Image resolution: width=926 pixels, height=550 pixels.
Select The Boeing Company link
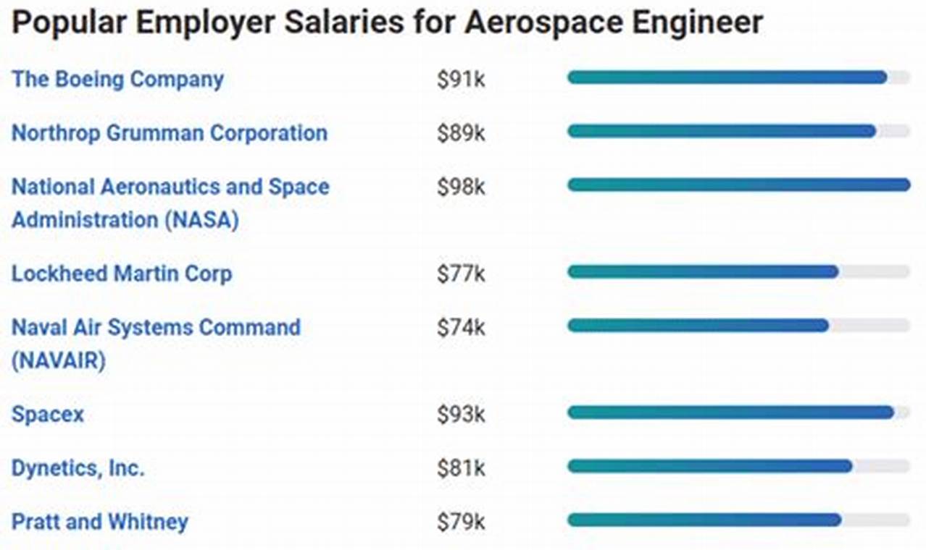coord(117,79)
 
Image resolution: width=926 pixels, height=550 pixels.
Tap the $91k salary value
coord(461,80)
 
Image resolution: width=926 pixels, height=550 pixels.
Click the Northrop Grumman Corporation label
coord(170,133)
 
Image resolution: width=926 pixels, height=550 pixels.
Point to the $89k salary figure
coord(461,133)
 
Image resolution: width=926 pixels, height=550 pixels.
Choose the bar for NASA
coord(738,185)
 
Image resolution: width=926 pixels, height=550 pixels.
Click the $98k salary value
coord(461,187)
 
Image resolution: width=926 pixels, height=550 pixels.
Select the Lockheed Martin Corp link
coord(122,274)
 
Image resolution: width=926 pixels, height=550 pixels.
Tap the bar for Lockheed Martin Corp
coord(703,272)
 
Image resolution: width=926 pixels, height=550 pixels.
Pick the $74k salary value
coord(461,328)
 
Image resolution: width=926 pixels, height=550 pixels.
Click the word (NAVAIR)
coord(59,360)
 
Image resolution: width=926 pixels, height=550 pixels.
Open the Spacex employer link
coord(48,415)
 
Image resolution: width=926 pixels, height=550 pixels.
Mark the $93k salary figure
coord(461,415)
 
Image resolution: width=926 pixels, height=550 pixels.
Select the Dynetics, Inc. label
coord(78,468)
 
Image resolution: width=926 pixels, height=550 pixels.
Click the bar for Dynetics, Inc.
coord(710,467)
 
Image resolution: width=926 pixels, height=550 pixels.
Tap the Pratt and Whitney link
coord(100,522)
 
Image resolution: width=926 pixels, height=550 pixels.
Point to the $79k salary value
coord(461,522)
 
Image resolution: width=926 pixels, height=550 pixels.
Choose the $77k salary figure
coord(461,274)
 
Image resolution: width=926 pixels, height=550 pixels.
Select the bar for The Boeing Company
coord(727,77)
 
